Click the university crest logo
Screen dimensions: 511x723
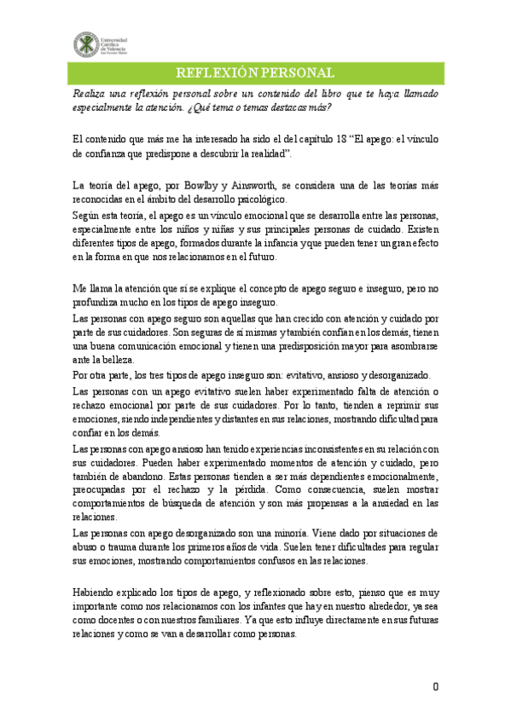86,43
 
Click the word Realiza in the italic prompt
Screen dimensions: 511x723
90,93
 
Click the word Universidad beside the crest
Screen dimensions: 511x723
117,38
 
